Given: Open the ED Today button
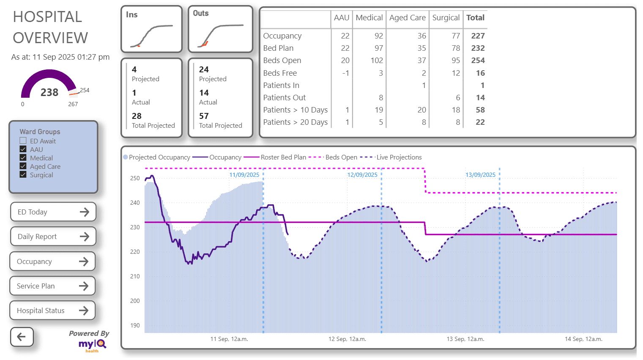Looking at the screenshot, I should pyautogui.click(x=53, y=212).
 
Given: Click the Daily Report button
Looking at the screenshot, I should pyautogui.click(x=53, y=236).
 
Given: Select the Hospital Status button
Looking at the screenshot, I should pyautogui.click(x=52, y=311).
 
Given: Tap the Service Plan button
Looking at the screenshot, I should pyautogui.click(x=52, y=286).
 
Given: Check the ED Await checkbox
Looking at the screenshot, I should pyautogui.click(x=23, y=141).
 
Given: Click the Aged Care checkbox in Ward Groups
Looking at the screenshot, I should pyautogui.click(x=23, y=166).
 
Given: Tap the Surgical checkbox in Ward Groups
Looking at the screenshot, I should pyautogui.click(x=23, y=175).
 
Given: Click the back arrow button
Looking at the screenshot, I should pyautogui.click(x=22, y=337).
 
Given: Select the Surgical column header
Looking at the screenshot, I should pyautogui.click(x=446, y=18).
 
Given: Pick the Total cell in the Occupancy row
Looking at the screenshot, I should pyautogui.click(x=478, y=36).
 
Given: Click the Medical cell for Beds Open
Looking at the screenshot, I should pyautogui.click(x=376, y=60).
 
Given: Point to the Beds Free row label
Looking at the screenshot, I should pyautogui.click(x=280, y=73).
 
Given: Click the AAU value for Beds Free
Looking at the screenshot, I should pyautogui.click(x=345, y=73).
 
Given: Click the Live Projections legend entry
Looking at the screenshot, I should pyautogui.click(x=399, y=157).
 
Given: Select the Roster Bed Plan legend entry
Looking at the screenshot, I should pyautogui.click(x=283, y=157).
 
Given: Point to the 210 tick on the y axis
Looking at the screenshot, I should pyautogui.click(x=135, y=276).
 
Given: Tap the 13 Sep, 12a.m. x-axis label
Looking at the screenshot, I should pyautogui.click(x=465, y=339).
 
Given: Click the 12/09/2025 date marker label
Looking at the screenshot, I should pyautogui.click(x=362, y=175).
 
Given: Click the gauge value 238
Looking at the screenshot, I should pyautogui.click(x=49, y=92).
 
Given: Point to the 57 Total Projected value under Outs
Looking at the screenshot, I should pyautogui.click(x=204, y=116).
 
